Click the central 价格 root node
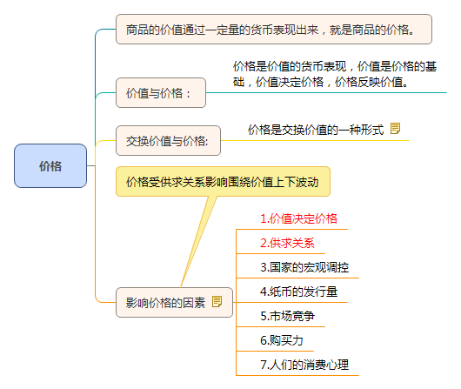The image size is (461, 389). coord(50,165)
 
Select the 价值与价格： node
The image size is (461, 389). coord(161,92)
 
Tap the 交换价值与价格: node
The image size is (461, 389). coord(168,140)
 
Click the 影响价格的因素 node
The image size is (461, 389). coord(164,302)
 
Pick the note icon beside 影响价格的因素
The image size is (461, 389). coord(217,301)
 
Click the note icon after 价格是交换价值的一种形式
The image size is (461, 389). coord(396,128)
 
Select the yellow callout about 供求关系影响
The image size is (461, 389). coord(223,182)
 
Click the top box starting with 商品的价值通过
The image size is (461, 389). coord(275,29)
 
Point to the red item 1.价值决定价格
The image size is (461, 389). coord(298,218)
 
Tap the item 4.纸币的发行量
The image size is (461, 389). coord(298,291)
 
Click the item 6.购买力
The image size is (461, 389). coord(281,339)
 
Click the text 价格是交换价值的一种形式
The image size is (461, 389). coord(315,129)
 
